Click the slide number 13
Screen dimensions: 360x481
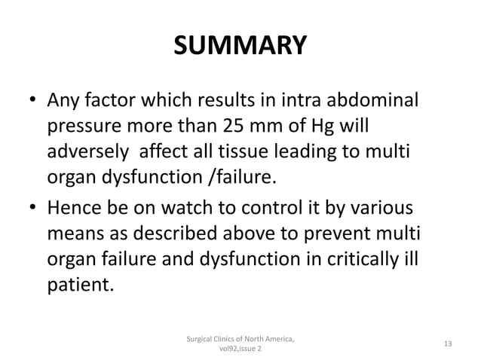click(449, 344)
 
